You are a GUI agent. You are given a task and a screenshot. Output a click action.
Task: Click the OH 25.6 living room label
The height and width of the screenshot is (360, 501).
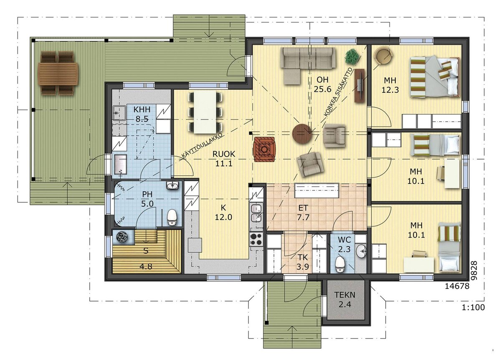322,84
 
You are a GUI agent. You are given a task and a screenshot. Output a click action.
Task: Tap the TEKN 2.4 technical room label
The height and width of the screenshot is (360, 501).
345,299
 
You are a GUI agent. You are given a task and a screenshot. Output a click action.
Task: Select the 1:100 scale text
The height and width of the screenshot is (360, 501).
473,307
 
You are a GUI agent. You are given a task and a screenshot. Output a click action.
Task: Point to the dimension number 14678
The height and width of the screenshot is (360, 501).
457,286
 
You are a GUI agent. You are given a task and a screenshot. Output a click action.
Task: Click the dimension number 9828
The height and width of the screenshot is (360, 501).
473,270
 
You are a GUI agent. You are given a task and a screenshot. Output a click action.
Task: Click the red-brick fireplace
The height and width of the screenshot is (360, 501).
264,149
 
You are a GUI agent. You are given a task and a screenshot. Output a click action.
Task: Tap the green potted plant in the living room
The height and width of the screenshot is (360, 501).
352,57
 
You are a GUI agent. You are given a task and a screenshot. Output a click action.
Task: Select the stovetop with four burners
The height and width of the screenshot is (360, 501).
256,239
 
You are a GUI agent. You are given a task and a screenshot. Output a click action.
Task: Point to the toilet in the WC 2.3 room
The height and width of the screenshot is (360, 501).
340,264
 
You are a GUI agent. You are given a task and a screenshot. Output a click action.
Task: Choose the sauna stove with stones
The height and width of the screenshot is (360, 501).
122,237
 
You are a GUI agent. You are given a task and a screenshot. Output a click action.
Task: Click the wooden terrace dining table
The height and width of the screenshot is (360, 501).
58,74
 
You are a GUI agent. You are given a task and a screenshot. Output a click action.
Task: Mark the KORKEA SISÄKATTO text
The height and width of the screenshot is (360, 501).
339,92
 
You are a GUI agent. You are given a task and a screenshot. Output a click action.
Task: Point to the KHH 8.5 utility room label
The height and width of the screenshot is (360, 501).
142,114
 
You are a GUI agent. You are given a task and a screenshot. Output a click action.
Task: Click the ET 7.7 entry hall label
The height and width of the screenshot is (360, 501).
303,213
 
